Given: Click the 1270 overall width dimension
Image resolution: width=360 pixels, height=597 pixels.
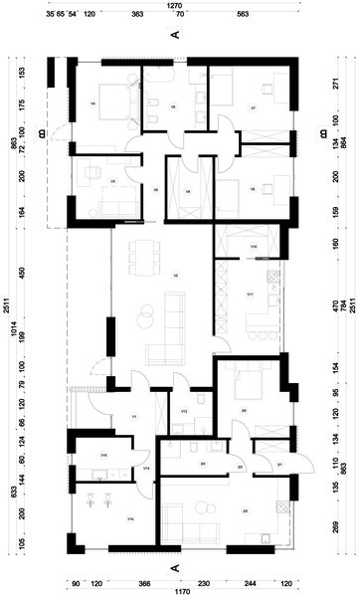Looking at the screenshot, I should [x=174, y=5].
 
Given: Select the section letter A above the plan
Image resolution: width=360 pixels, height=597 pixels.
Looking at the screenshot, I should [x=175, y=35].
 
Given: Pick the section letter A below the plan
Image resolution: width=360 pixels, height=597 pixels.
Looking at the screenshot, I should [x=175, y=566].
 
